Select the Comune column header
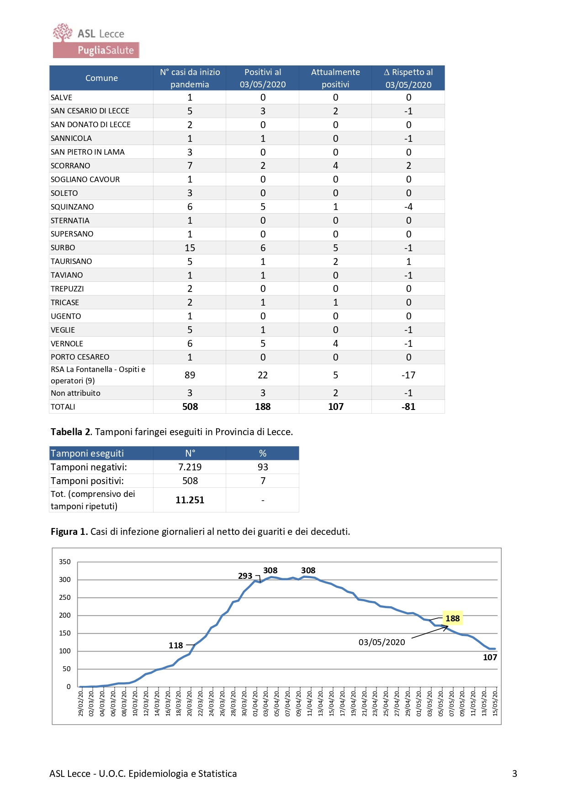tap(101, 78)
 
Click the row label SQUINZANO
tap(72, 207)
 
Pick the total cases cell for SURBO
tap(190, 248)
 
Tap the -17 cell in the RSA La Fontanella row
tap(408, 375)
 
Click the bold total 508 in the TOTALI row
tap(190, 407)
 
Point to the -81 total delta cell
tap(408, 407)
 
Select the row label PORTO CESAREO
tap(80, 357)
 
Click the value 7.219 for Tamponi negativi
tap(190, 467)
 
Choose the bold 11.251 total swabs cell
tap(190, 500)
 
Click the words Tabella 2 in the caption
tap(70, 432)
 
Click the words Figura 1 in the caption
tap(69, 532)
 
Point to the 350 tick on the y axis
tap(65, 562)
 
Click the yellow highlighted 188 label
tap(453, 619)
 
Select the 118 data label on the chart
tap(176, 646)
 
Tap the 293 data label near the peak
tap(245, 576)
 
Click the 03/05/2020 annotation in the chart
tap(382, 642)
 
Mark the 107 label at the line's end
tap(490, 657)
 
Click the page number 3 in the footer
tap(515, 774)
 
